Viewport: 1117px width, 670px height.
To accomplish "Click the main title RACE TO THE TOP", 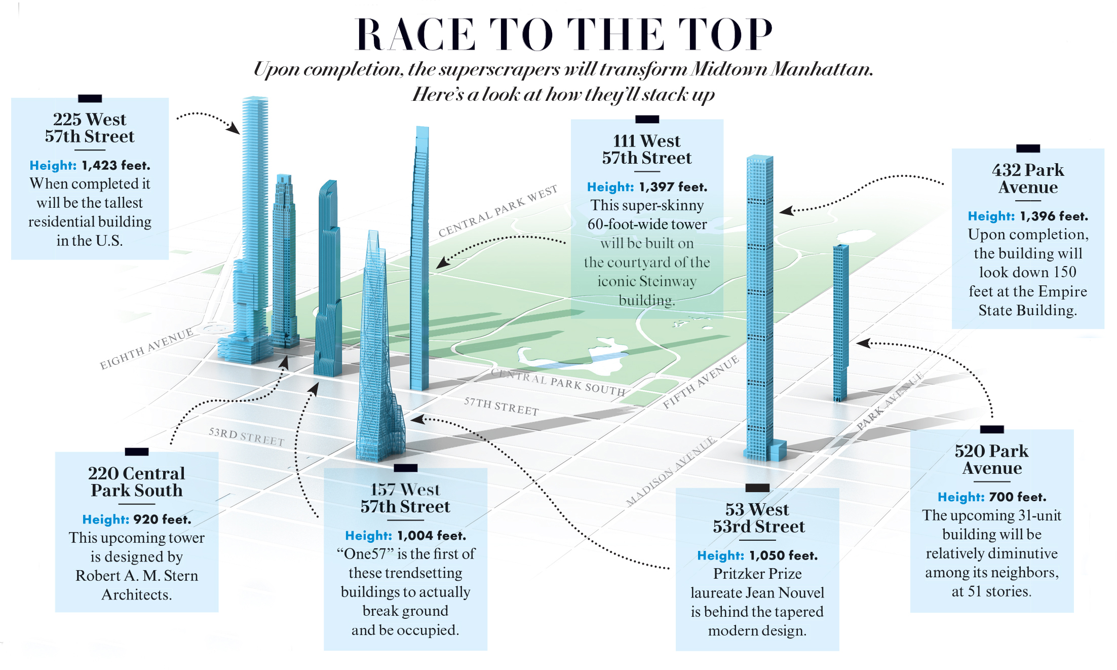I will tap(564, 34).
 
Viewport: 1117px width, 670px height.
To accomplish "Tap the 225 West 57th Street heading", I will tap(90, 128).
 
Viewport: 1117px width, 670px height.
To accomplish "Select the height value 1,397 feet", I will tap(673, 188).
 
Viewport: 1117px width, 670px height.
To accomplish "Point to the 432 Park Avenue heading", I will tap(1028, 178).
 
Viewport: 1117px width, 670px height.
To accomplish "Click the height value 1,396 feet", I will tap(1054, 216).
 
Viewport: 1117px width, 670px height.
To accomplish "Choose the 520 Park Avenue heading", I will tap(991, 459).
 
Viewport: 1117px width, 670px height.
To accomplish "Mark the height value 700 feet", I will tap(1017, 497).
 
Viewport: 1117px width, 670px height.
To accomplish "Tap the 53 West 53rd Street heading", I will tap(758, 518).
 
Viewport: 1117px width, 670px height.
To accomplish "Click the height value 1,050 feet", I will tap(783, 556).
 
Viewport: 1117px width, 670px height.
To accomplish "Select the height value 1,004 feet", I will tap(432, 536).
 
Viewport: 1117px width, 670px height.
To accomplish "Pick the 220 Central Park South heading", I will tap(137, 481).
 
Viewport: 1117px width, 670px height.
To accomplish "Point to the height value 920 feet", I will tap(162, 520).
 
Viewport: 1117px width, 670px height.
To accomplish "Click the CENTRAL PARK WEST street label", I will tap(497, 211).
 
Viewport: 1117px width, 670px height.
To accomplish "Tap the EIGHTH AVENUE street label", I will tap(146, 349).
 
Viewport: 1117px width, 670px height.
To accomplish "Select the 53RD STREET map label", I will tap(246, 437).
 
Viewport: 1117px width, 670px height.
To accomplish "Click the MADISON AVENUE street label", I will tap(671, 471).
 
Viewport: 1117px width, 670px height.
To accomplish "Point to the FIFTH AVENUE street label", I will tap(701, 383).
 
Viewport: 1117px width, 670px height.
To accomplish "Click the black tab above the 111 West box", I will tap(647, 120).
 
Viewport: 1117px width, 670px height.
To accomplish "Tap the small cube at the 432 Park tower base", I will tap(778, 450).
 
